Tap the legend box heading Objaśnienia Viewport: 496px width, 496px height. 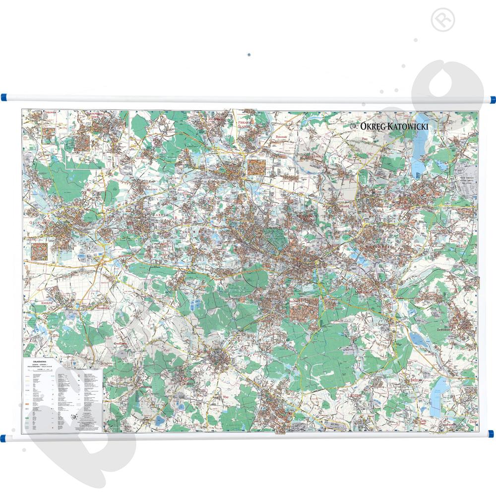tap(39, 362)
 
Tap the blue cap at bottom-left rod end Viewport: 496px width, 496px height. tap(4, 437)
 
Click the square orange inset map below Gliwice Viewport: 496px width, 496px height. tap(40, 250)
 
